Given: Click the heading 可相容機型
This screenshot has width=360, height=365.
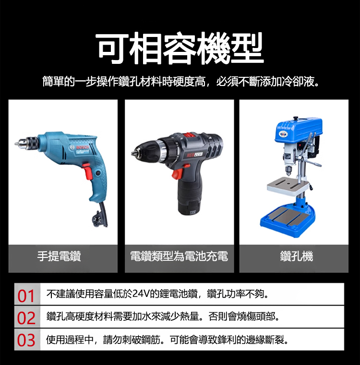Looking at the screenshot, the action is [180, 49].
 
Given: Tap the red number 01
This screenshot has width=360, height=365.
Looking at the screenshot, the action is [26, 296].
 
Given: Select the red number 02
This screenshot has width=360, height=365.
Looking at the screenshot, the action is [26, 318].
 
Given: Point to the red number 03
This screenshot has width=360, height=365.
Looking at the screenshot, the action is [26, 341].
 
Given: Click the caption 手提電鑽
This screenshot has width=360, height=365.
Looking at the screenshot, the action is [59, 256].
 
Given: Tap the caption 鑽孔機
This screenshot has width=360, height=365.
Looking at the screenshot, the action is [297, 256].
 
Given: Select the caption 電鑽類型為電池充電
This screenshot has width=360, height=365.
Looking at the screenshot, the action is [179, 256].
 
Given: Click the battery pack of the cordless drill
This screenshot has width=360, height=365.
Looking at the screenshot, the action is [188, 203].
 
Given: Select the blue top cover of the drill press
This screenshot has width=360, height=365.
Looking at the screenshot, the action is [299, 131].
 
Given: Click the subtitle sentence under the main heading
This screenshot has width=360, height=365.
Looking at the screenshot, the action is [180, 82].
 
